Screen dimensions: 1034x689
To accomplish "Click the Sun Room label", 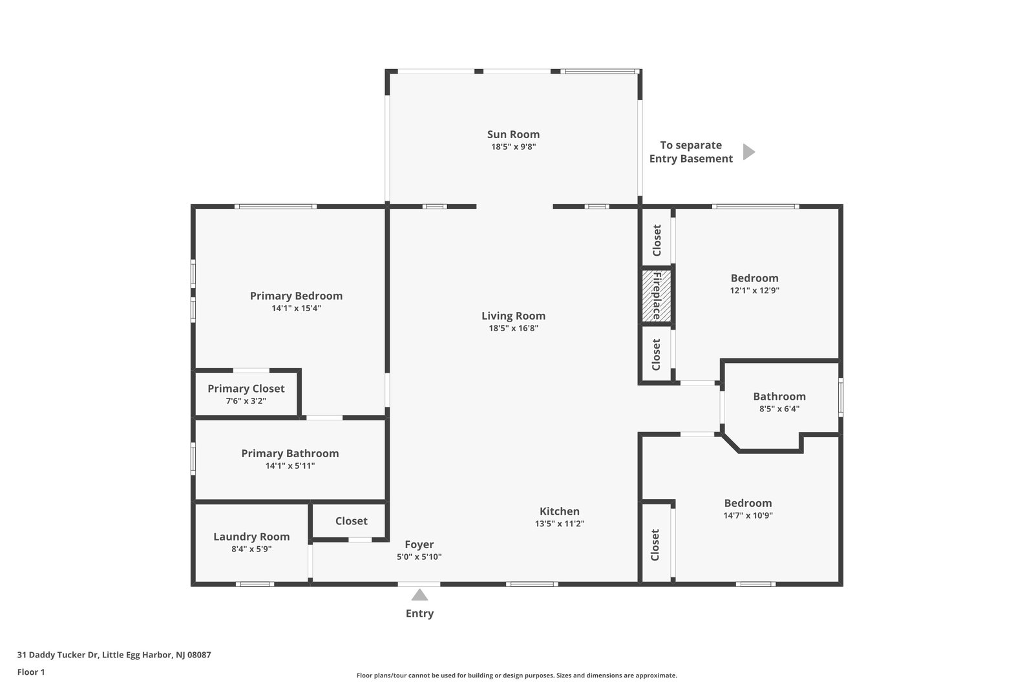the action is (x=513, y=134).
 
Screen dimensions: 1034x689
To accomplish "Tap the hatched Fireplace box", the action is (x=657, y=296).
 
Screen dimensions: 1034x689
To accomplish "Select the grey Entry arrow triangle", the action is (x=419, y=595).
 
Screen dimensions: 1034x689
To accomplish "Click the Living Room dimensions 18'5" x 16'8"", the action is (x=513, y=329).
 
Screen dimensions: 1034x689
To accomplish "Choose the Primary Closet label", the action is (x=246, y=389).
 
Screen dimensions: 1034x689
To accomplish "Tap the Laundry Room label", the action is (x=251, y=537).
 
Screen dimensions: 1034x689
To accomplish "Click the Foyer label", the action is (x=419, y=544).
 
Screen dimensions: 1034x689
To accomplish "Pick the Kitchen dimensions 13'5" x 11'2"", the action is (x=560, y=524).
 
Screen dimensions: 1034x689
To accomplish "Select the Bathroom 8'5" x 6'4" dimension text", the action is (x=779, y=409).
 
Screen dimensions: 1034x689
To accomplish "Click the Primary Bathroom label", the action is (x=290, y=453).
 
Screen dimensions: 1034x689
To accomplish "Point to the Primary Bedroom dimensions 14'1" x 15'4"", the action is (x=296, y=308).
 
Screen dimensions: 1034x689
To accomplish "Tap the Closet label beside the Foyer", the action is (x=352, y=521).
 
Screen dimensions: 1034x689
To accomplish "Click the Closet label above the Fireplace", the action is (x=657, y=240).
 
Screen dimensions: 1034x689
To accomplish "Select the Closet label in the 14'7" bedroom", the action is (x=655, y=545).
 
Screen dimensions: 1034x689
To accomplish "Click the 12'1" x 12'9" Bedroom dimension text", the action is (x=754, y=291).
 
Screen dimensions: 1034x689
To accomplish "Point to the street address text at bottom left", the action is (x=114, y=655).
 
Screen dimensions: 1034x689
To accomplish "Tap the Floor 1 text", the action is (x=31, y=672).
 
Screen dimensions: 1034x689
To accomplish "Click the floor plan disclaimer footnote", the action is (x=516, y=675).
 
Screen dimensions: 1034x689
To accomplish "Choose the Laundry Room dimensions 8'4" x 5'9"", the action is (x=251, y=550).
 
